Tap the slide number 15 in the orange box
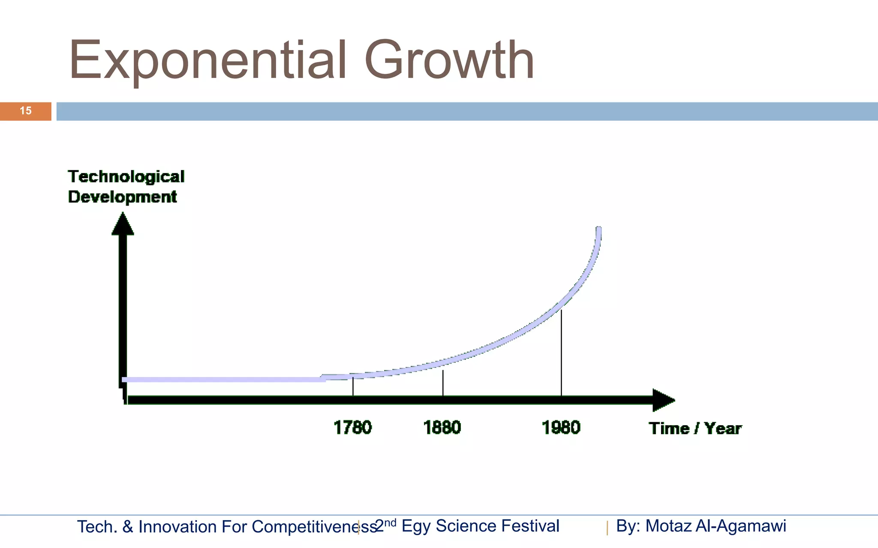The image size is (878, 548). [x=26, y=111]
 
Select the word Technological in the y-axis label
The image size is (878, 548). [x=126, y=177]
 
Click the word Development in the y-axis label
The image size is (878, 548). [x=122, y=197]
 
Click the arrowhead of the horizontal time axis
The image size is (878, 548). [x=663, y=400]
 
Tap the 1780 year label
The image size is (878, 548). [x=352, y=428]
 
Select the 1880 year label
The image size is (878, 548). [x=442, y=428]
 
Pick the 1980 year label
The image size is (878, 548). [x=561, y=428]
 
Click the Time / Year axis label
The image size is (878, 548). [x=695, y=429]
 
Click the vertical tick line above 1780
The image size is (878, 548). [x=353, y=386]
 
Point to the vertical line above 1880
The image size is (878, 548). [x=443, y=383]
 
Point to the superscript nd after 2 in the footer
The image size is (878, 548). [x=390, y=522]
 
